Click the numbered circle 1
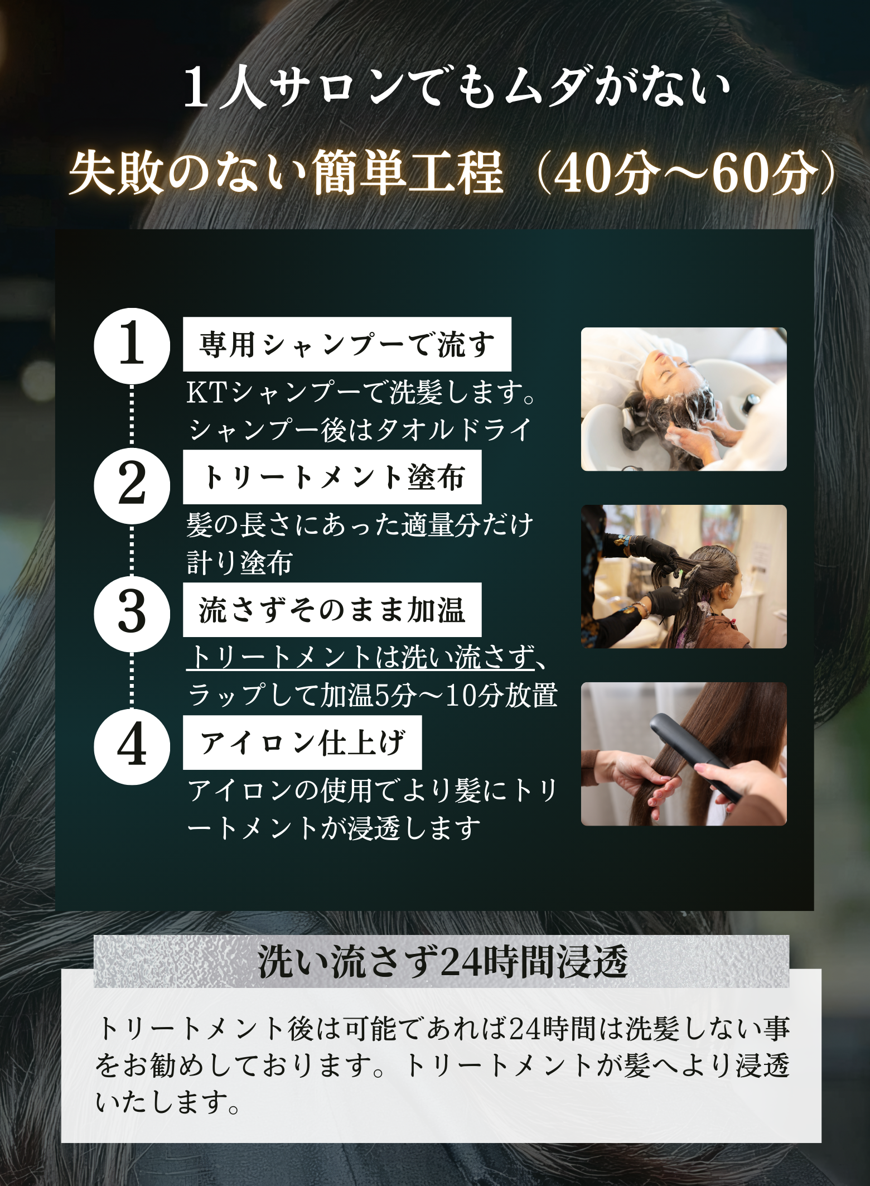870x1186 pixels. pyautogui.click(x=132, y=346)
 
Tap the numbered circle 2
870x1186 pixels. pyautogui.click(x=132, y=485)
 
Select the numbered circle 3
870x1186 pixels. pyautogui.click(x=132, y=614)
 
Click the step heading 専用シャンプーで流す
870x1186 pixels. pyautogui.click(x=347, y=344)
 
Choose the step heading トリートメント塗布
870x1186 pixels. pyautogui.click(x=332, y=477)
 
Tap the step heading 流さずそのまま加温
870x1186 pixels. pyautogui.click(x=332, y=610)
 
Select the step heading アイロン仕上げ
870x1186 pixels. pyautogui.click(x=302, y=743)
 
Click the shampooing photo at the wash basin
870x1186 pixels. pyautogui.click(x=684, y=399)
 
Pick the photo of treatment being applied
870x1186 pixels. pyautogui.click(x=684, y=576)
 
